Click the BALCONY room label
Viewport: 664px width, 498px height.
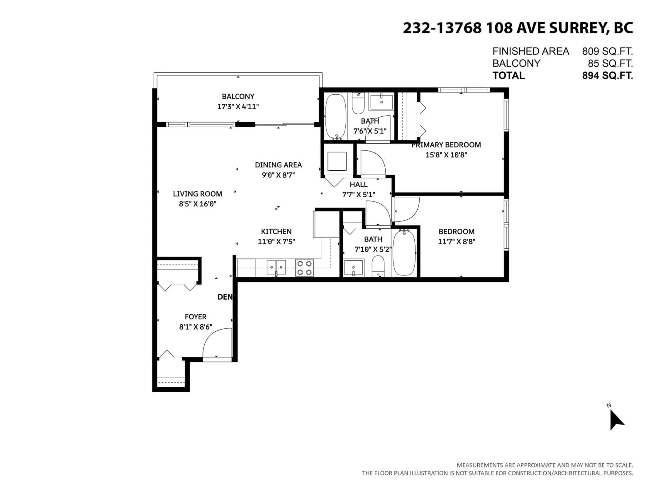point(238,96)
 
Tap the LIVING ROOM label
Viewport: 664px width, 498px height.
point(197,194)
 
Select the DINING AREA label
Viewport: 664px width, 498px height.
point(278,165)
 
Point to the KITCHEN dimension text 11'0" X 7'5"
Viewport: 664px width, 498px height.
point(276,241)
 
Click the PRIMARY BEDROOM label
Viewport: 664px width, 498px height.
point(446,145)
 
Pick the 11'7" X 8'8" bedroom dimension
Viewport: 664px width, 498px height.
point(456,241)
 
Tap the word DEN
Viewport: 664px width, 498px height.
point(225,297)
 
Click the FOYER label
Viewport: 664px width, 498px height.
point(195,317)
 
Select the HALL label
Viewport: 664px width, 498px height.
point(358,184)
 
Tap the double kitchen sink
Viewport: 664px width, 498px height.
point(276,267)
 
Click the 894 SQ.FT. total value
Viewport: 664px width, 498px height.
point(607,75)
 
